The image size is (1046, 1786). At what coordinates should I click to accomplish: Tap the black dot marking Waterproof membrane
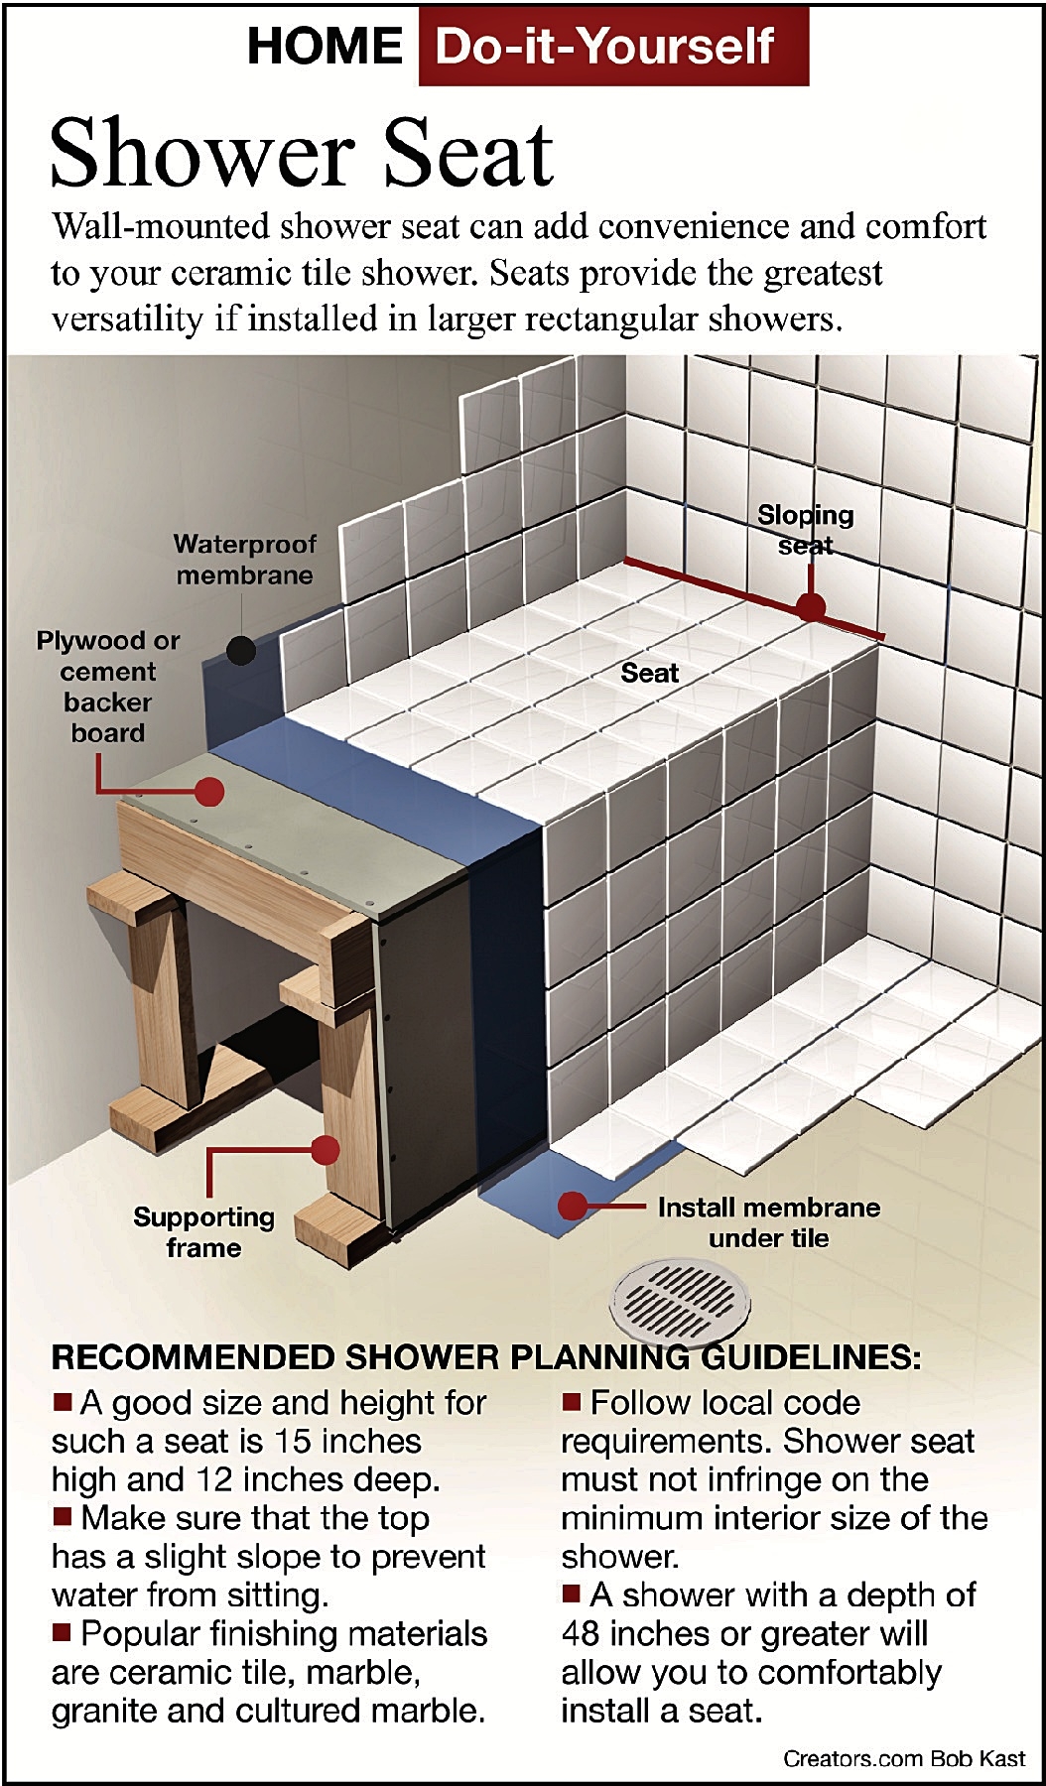coord(241,651)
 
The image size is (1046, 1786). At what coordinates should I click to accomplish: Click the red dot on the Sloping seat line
coord(811,606)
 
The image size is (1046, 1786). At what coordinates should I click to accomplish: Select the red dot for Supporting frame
coord(325,1150)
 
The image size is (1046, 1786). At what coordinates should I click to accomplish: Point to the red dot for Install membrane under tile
coord(573,1206)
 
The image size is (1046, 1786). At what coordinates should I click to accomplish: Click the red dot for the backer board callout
coord(208,791)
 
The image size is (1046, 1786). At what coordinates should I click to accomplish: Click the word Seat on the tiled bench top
coord(649,673)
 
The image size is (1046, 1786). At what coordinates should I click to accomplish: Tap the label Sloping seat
coord(805,530)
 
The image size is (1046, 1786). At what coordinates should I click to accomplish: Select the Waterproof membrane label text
coord(244,560)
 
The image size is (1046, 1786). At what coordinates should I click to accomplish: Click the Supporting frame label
coord(203,1231)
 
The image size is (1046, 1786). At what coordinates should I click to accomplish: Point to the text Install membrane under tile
coord(768,1222)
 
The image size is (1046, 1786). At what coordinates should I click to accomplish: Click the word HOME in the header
coord(325,46)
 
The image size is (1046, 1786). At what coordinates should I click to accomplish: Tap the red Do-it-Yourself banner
coord(612,46)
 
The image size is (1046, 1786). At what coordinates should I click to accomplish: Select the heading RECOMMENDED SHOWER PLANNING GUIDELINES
coord(485,1357)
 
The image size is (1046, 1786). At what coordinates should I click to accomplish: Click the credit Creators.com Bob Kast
coord(903,1758)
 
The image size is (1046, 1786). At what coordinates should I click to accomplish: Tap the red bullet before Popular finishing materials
coord(62,1631)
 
